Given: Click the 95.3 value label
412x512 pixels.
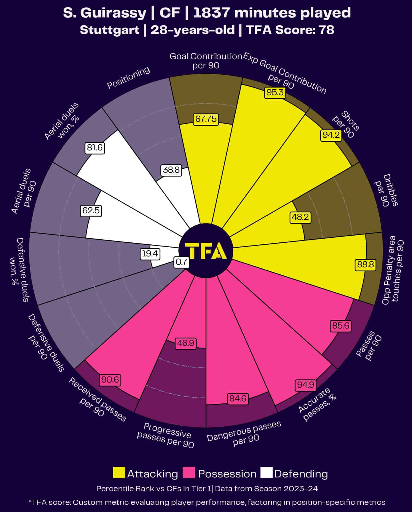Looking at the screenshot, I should [x=275, y=93].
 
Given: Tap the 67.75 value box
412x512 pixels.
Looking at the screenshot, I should [x=206, y=119].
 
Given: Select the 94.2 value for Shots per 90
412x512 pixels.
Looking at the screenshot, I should [x=331, y=135].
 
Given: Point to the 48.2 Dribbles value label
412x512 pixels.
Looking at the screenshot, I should [x=300, y=217].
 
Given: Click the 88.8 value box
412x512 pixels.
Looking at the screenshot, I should [x=365, y=265].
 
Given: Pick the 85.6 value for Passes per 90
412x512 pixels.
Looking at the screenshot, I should [x=341, y=326].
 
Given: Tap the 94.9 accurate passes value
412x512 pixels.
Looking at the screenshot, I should [x=305, y=385].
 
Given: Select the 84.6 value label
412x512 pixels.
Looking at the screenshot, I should [x=238, y=399].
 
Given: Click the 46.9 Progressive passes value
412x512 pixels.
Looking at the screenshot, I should [x=186, y=343].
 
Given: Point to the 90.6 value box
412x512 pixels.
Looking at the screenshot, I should [x=110, y=380].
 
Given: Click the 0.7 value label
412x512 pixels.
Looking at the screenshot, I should [x=182, y=262].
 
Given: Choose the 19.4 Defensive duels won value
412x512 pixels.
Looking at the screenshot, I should [x=150, y=254].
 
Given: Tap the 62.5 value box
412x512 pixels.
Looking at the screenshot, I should [x=91, y=211].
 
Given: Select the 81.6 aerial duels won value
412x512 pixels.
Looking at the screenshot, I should [x=95, y=148].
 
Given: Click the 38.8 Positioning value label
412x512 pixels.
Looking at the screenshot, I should [x=171, y=170].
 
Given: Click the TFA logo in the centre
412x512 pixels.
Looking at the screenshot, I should [x=206, y=251].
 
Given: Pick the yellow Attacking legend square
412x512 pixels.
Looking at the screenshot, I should [x=119, y=473].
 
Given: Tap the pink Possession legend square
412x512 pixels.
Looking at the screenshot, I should [x=189, y=473].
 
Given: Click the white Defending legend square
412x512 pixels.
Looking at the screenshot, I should [x=266, y=473].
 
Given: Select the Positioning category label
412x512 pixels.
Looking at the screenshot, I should [x=129, y=78].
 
